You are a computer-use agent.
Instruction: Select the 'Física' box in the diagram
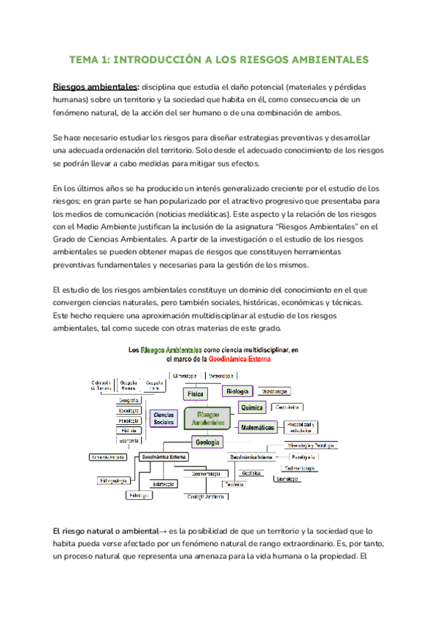[196, 393]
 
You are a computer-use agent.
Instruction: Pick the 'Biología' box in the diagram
[238, 391]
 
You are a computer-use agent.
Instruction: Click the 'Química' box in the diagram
[252, 407]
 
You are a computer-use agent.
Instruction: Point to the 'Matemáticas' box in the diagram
[258, 427]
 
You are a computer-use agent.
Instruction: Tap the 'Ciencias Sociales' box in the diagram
[164, 418]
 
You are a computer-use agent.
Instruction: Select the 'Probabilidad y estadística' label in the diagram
[300, 427]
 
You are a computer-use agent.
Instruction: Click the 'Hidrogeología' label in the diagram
[114, 480]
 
